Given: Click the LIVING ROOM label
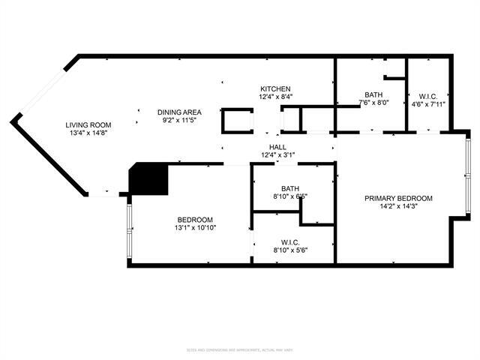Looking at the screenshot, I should click(x=88, y=125).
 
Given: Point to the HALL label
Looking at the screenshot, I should click(x=277, y=147).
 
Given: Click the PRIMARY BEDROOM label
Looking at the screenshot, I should click(x=398, y=198).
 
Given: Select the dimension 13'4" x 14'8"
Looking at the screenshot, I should click(x=88, y=134).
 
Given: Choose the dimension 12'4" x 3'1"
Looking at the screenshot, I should click(x=277, y=155).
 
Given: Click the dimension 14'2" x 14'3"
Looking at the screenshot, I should click(x=398, y=207).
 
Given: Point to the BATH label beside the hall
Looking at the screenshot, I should click(x=291, y=188).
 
